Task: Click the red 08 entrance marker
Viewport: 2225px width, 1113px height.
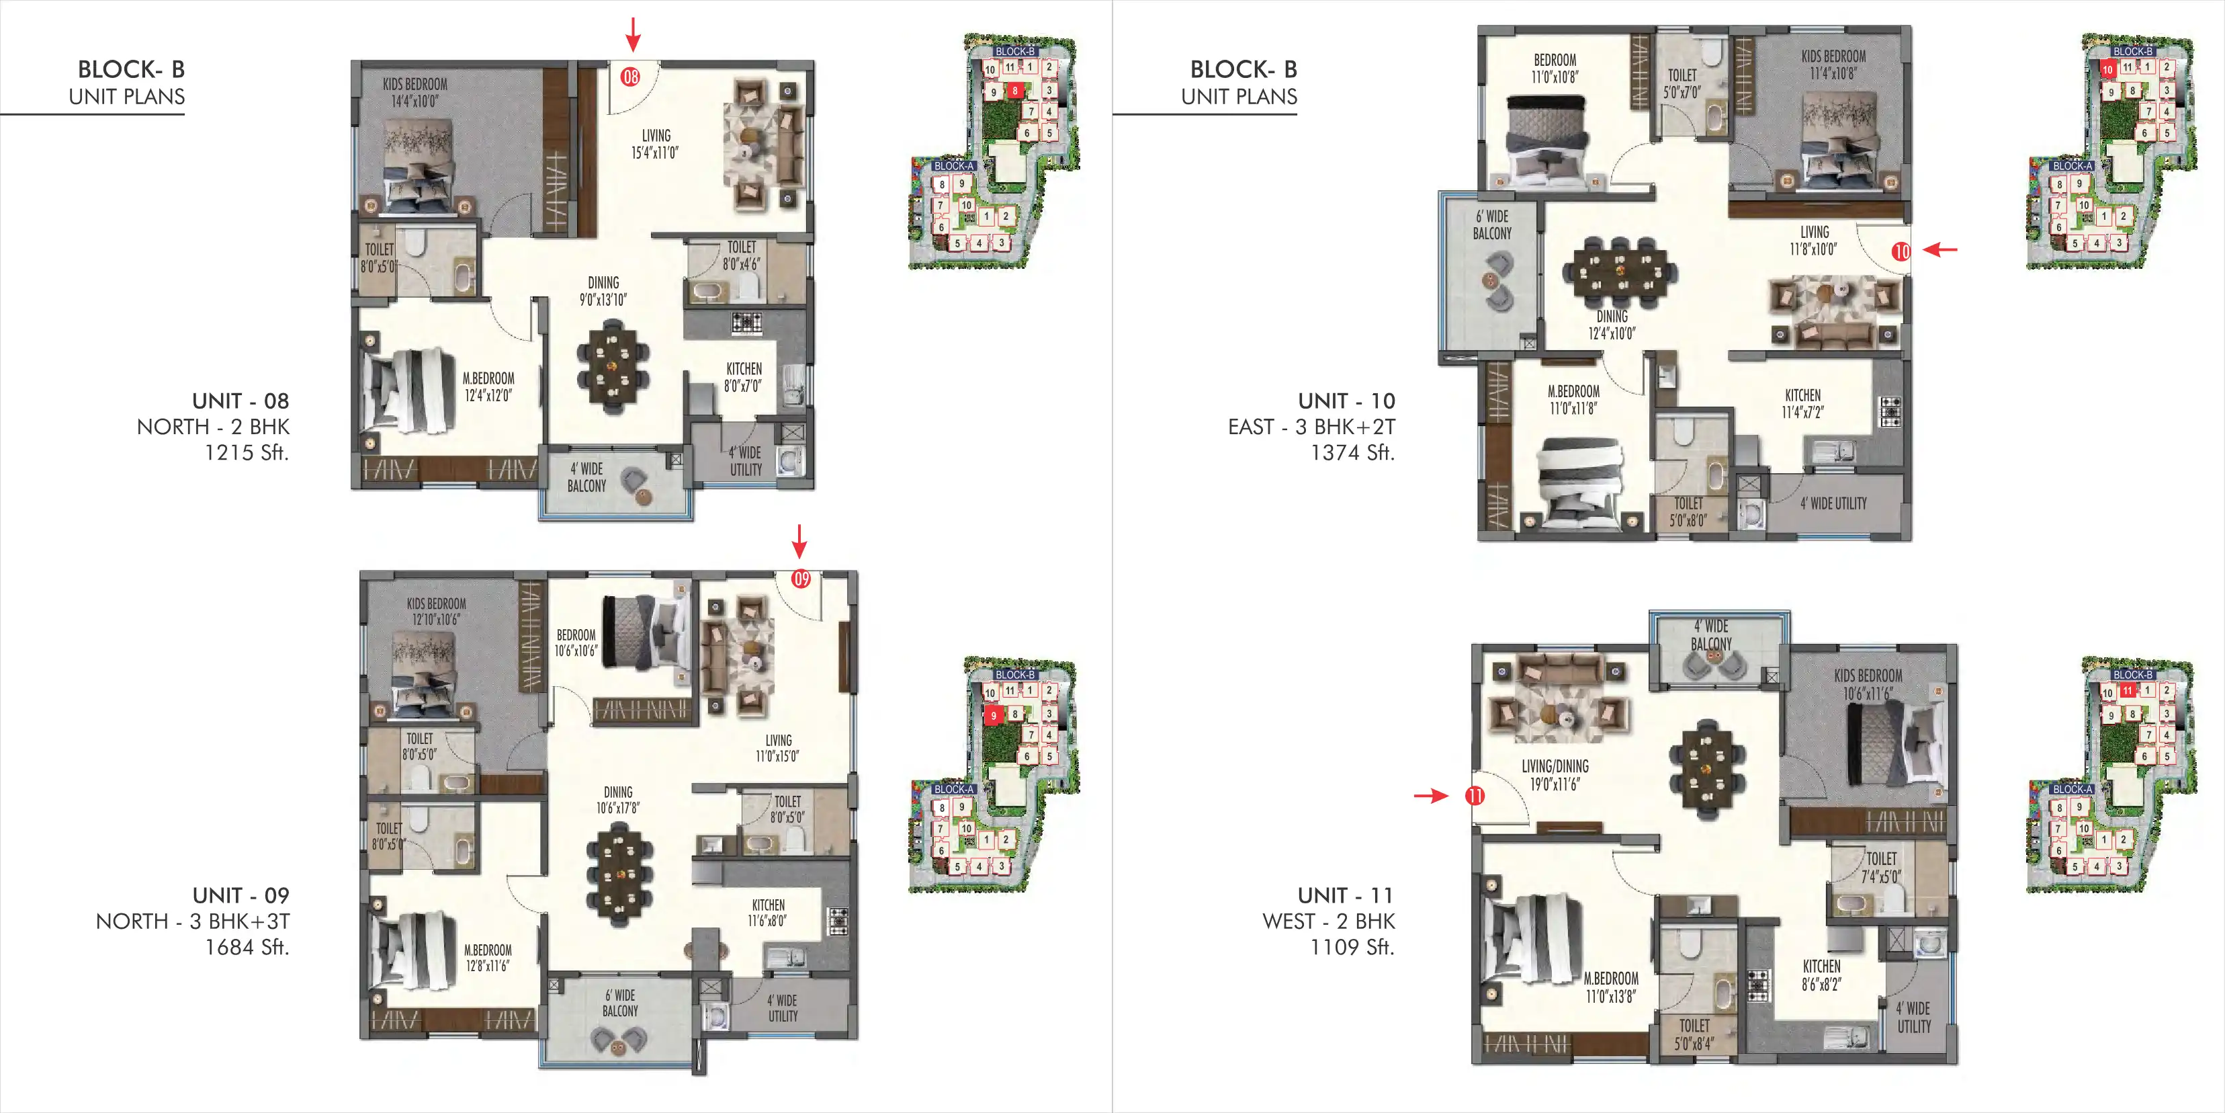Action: tap(631, 77)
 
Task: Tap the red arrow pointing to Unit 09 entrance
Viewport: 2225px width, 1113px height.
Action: tap(800, 541)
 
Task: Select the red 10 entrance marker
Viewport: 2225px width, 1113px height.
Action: tap(1901, 251)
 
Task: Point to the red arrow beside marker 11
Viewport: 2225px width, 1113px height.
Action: tap(1431, 796)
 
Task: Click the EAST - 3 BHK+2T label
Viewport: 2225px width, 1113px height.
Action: tap(1311, 427)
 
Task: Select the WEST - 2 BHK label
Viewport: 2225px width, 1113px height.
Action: tap(1328, 921)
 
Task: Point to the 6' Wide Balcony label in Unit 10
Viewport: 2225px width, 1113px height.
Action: tap(1491, 224)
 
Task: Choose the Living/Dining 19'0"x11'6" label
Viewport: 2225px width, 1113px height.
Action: tap(1555, 775)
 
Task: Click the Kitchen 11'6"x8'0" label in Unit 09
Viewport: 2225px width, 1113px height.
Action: tap(768, 913)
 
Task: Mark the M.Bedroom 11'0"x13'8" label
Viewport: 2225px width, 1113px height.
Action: tap(1611, 987)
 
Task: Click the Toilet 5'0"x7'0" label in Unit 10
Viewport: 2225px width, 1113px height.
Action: tap(1682, 83)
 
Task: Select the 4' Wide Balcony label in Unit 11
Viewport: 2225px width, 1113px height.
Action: tap(1711, 634)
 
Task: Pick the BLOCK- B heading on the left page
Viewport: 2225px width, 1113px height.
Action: tap(130, 69)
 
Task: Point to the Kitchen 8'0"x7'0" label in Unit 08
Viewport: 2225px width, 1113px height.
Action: tap(744, 377)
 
